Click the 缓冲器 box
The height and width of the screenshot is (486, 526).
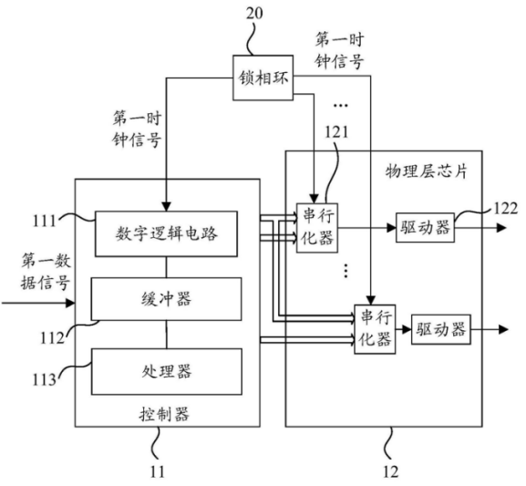coord(169,298)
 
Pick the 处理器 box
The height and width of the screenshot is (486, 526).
coord(169,371)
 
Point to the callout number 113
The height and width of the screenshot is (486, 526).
coord(49,376)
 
